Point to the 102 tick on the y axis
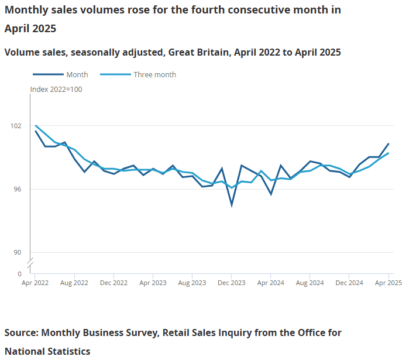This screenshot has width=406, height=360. (x=16, y=126)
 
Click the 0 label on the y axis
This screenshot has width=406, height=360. (x=19, y=273)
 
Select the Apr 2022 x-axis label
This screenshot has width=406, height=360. (x=35, y=283)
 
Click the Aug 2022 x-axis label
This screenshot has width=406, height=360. (x=74, y=283)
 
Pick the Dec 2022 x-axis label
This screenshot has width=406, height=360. (x=113, y=283)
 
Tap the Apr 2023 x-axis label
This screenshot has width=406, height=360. (x=153, y=283)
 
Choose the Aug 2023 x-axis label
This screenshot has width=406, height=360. (x=192, y=283)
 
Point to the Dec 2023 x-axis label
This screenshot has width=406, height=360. (x=232, y=283)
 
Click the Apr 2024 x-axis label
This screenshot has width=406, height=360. (x=271, y=283)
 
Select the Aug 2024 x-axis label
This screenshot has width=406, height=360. (x=310, y=283)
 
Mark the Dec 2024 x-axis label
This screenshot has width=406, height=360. (x=349, y=283)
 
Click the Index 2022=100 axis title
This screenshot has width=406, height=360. (x=56, y=89)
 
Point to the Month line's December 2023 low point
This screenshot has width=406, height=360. (x=232, y=205)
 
